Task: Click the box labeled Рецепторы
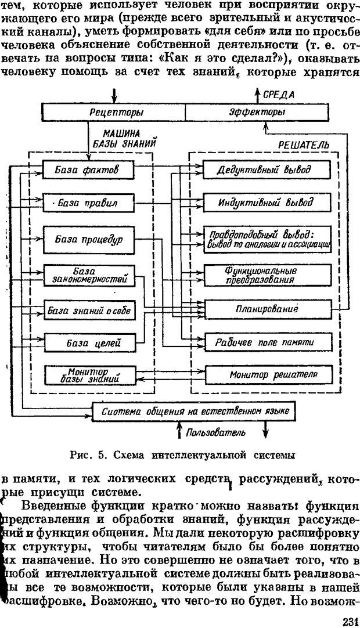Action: click(113, 111)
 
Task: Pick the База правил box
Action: click(88, 203)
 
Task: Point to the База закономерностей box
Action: click(88, 275)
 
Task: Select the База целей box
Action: click(88, 343)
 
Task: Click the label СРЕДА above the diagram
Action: click(279, 94)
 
